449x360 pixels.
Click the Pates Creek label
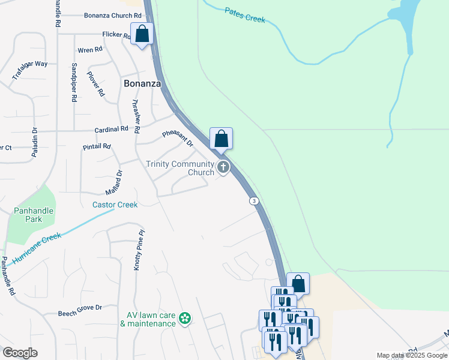tap(245, 15)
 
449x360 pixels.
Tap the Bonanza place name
tap(142, 84)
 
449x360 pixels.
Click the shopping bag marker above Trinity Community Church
tap(221, 138)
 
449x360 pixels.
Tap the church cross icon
tap(223, 167)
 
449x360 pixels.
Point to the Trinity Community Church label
tap(180, 168)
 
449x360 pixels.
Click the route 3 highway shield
tap(255, 201)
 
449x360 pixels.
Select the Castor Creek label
tap(115, 205)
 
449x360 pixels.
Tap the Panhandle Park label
tap(34, 215)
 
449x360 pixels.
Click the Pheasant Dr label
tap(178, 139)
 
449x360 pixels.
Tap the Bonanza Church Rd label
tap(112, 16)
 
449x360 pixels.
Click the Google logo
tap(20, 353)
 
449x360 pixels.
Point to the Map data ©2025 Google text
tap(411, 355)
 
